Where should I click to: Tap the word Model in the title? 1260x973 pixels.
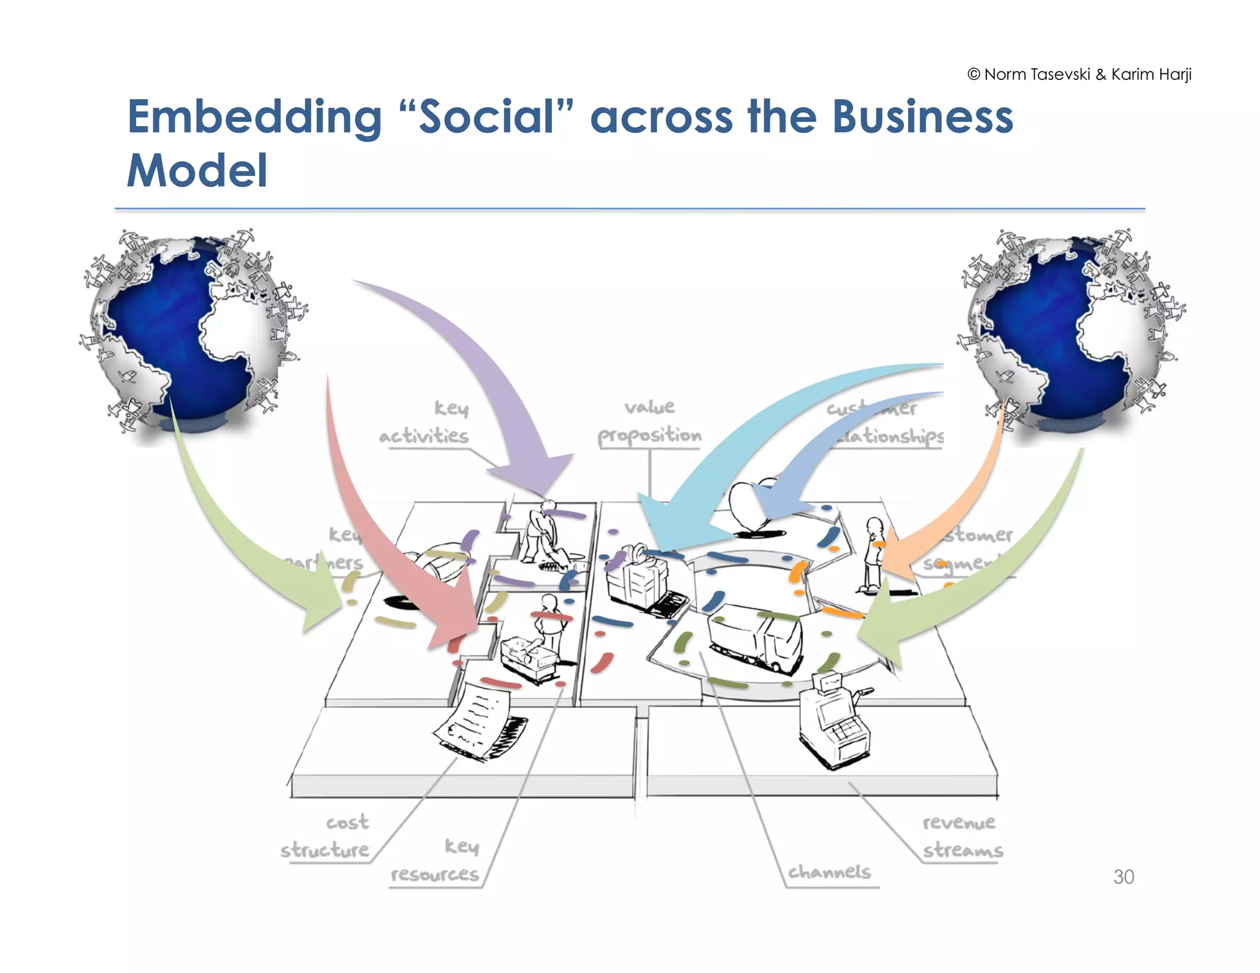(197, 170)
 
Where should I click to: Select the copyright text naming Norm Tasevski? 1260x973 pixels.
(1079, 74)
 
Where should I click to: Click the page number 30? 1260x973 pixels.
(1123, 876)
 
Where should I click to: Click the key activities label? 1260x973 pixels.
(425, 423)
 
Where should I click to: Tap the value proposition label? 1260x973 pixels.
(650, 423)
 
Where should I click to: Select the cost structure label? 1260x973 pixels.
(326, 837)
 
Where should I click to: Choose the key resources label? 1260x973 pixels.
(436, 861)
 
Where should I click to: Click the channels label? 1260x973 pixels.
(829, 872)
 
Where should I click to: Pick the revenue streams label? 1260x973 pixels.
(962, 837)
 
